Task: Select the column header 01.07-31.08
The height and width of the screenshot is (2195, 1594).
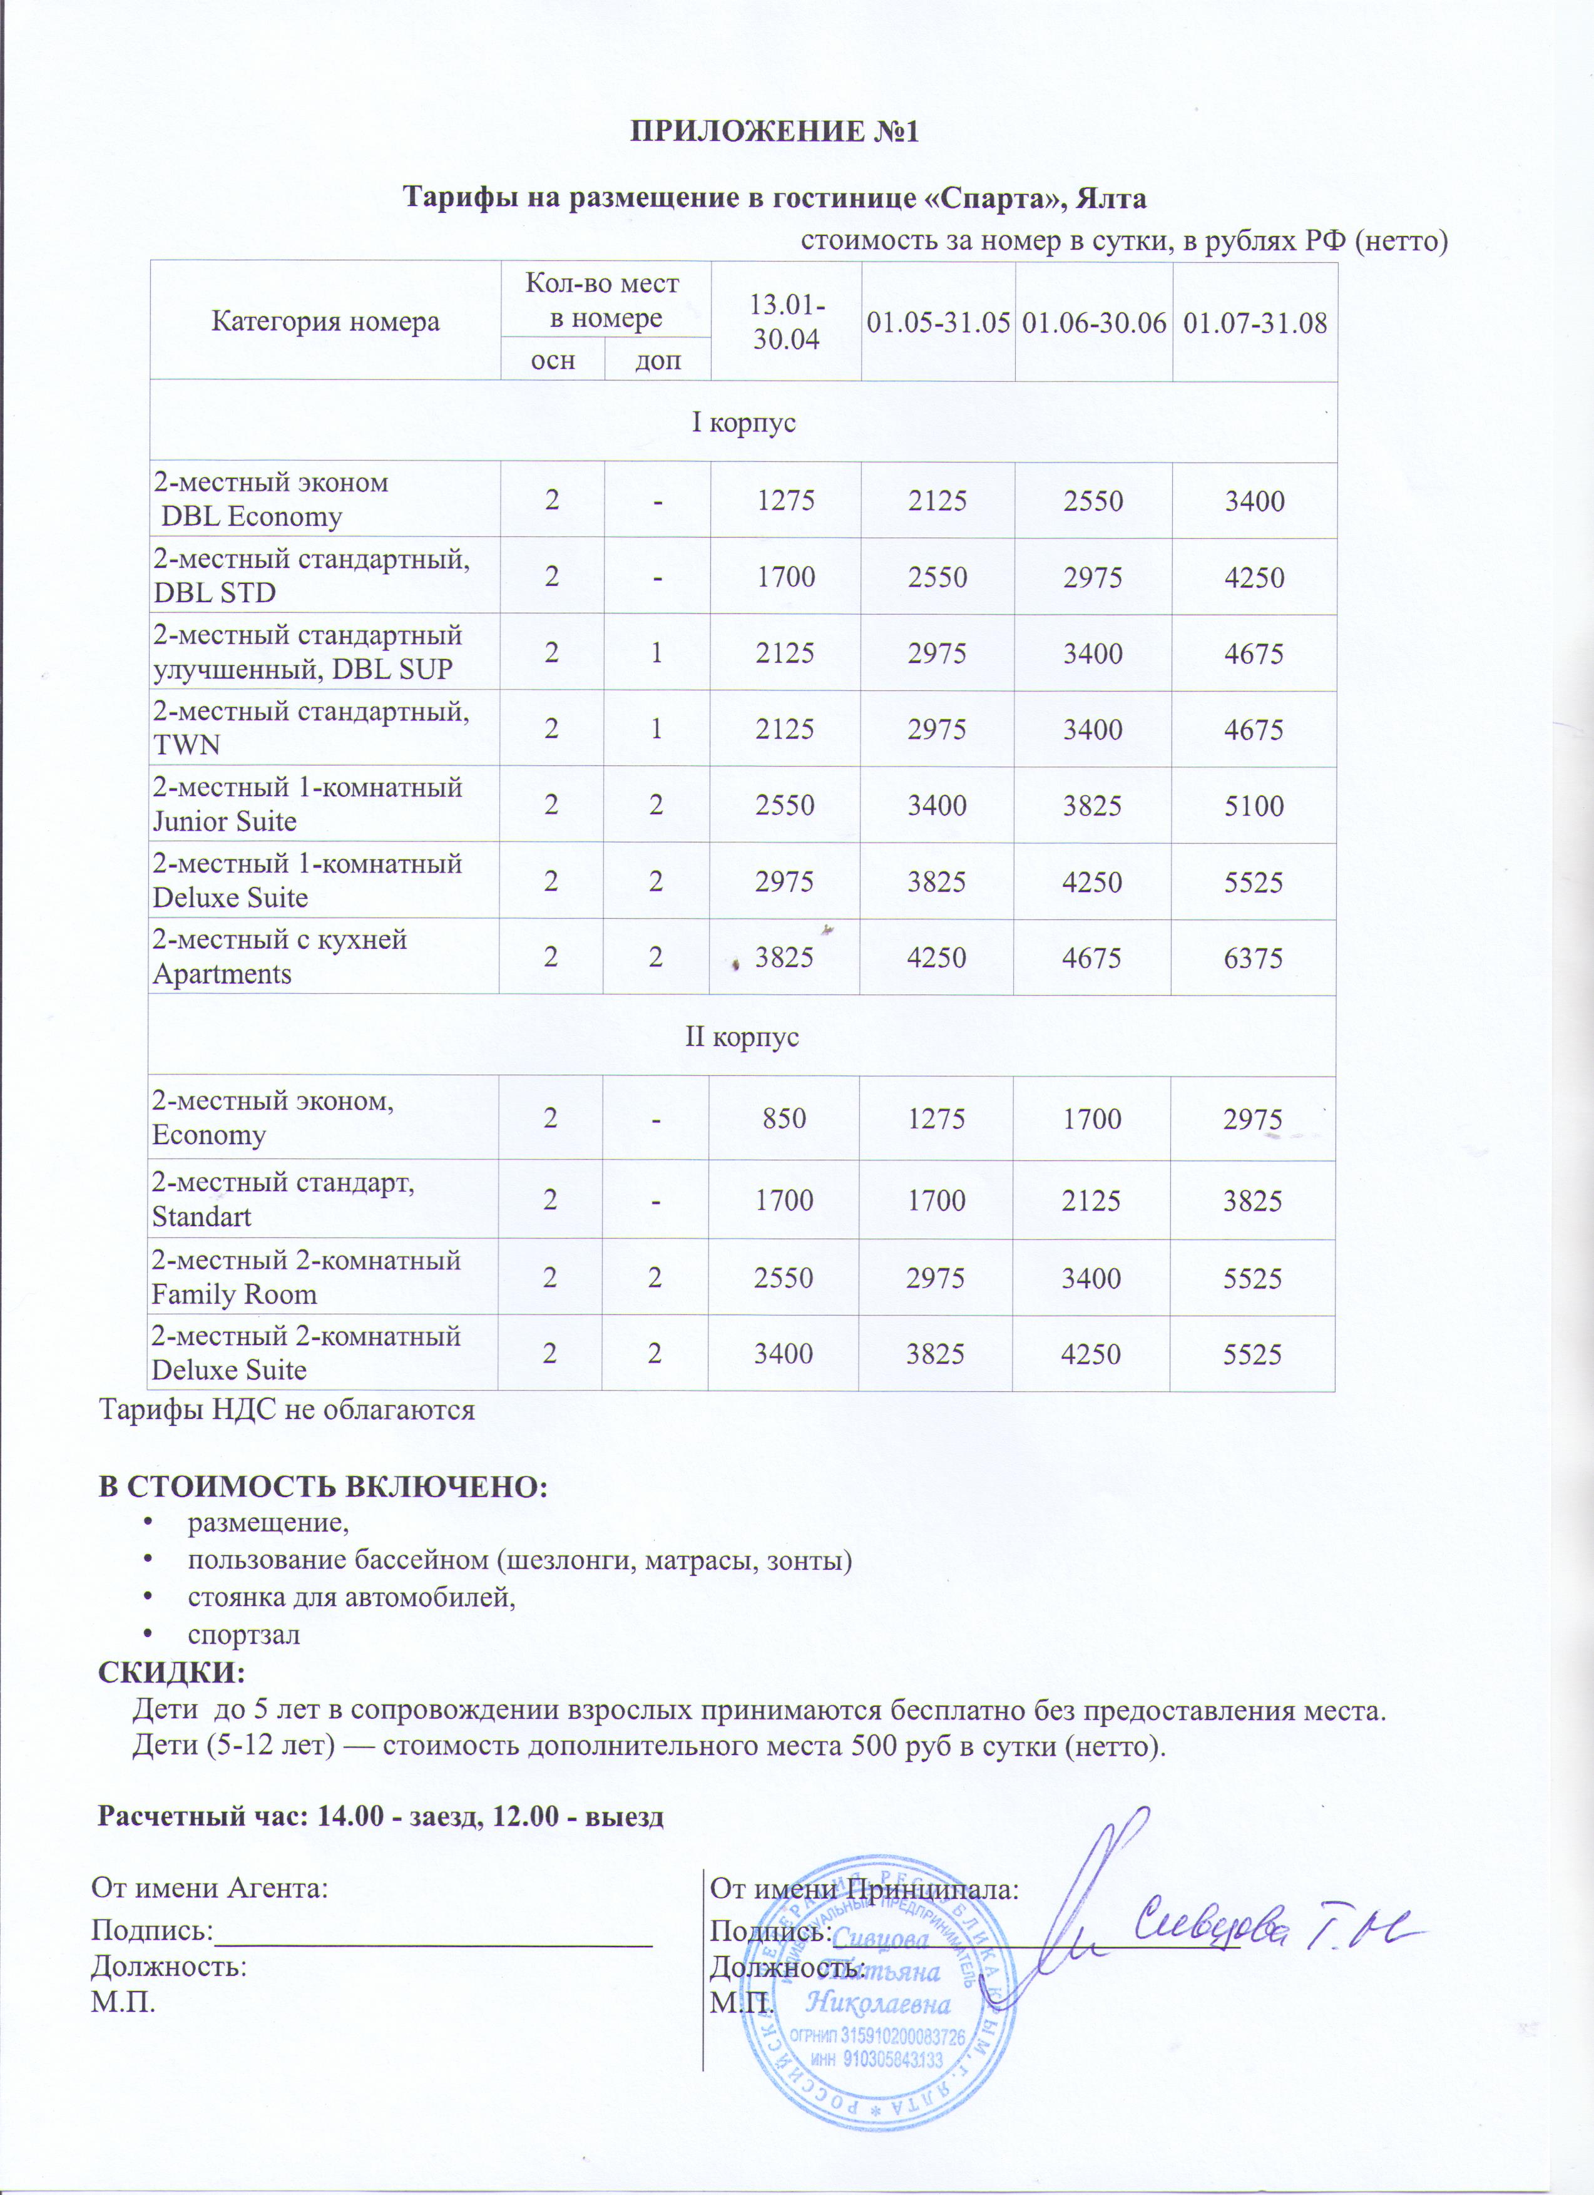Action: pyautogui.click(x=1254, y=323)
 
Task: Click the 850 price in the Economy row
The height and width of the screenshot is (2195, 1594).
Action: pyautogui.click(x=784, y=1119)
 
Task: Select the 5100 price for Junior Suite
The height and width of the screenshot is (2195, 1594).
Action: pyautogui.click(x=1254, y=806)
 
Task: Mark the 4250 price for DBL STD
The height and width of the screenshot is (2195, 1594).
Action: pyautogui.click(x=1254, y=578)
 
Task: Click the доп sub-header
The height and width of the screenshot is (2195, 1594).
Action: pyautogui.click(x=657, y=360)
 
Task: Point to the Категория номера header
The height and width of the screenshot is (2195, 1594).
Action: pyautogui.click(x=325, y=321)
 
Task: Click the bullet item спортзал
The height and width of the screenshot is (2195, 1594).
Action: pyautogui.click(x=244, y=1635)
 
